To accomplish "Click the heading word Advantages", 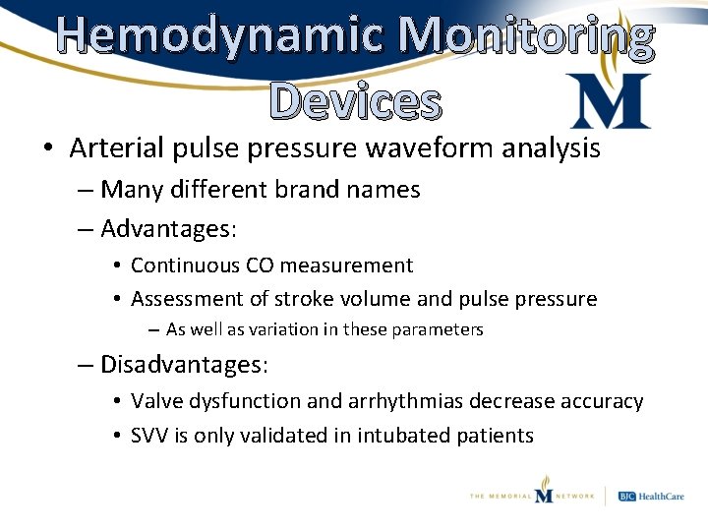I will [x=167, y=229].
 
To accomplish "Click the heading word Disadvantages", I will [x=184, y=365].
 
